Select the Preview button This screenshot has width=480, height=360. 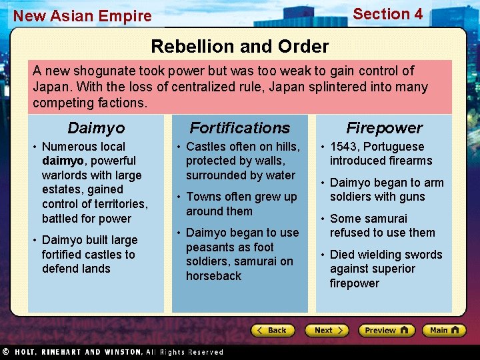tap(386, 330)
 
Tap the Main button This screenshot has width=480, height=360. tap(443, 330)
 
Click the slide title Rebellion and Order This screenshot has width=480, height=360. tap(240, 46)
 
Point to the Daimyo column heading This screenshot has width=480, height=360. tap(96, 127)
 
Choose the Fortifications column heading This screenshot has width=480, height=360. tap(240, 127)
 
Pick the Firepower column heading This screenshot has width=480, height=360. tap(384, 127)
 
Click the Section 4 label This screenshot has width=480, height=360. tap(387, 14)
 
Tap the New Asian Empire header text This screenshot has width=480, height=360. tap(83, 16)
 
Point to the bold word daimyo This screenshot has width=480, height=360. tap(62, 161)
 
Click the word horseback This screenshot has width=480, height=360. tap(213, 276)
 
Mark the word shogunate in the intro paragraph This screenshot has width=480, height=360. tap(102, 71)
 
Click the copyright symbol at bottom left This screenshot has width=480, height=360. tap(5, 351)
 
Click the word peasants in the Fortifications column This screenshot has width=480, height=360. tap(210, 247)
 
